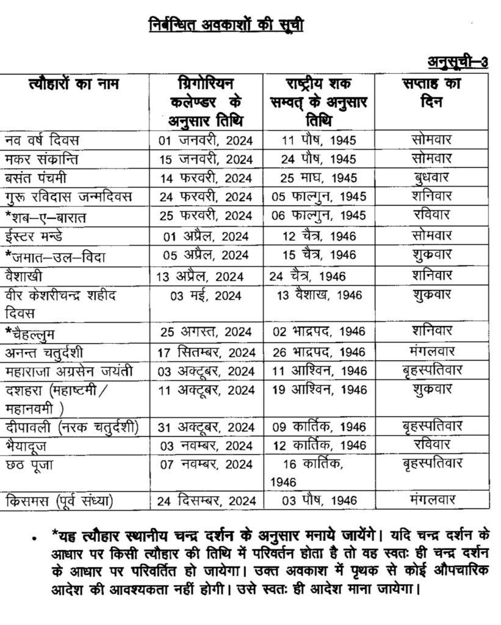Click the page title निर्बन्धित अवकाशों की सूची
click(x=226, y=25)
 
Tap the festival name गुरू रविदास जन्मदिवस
click(x=73, y=197)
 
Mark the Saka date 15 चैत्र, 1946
click(x=319, y=256)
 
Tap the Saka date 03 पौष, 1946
click(x=319, y=502)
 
